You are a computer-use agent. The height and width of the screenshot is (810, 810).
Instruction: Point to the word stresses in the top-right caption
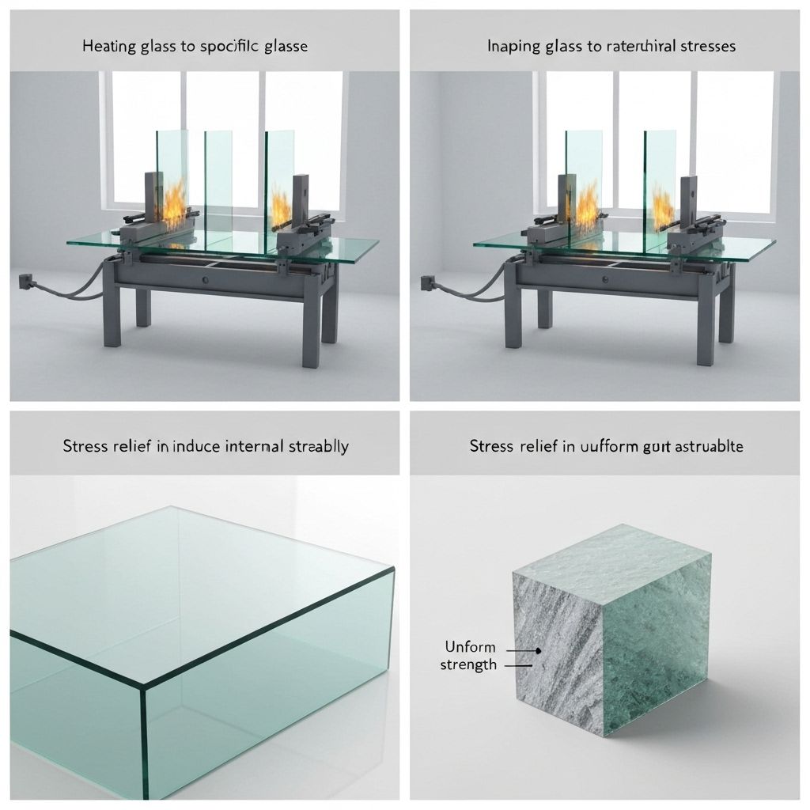(705, 46)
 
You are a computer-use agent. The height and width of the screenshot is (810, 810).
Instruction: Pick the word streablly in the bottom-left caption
(317, 446)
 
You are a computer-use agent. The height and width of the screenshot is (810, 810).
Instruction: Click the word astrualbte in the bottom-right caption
(704, 446)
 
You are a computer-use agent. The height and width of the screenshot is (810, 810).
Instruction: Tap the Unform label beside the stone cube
(470, 647)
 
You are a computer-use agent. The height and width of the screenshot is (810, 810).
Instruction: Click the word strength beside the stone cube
(468, 664)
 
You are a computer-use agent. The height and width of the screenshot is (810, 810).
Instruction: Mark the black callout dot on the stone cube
(539, 650)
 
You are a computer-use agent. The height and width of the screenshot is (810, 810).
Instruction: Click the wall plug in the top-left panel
(23, 280)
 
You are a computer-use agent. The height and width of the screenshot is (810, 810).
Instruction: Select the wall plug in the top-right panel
(427, 280)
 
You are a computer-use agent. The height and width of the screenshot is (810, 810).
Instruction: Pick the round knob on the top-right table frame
(605, 279)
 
